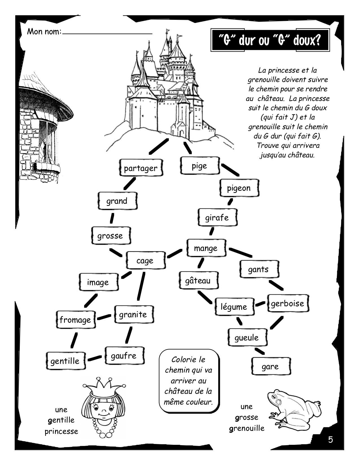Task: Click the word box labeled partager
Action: pos(140,168)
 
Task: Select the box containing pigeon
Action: pos(239,188)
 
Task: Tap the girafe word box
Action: pos(217,217)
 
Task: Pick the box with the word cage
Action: pos(145,260)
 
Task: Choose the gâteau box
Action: pos(198,280)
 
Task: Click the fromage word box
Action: pos(75,320)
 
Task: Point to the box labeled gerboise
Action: pos(287,304)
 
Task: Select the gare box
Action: pos(270,366)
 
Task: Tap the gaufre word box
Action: pos(124,356)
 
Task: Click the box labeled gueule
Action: pos(246,337)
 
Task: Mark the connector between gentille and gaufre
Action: pos(95,358)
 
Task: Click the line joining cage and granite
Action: pos(141,286)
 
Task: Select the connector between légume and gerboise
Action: pos(260,304)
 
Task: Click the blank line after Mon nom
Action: pos(107,33)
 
